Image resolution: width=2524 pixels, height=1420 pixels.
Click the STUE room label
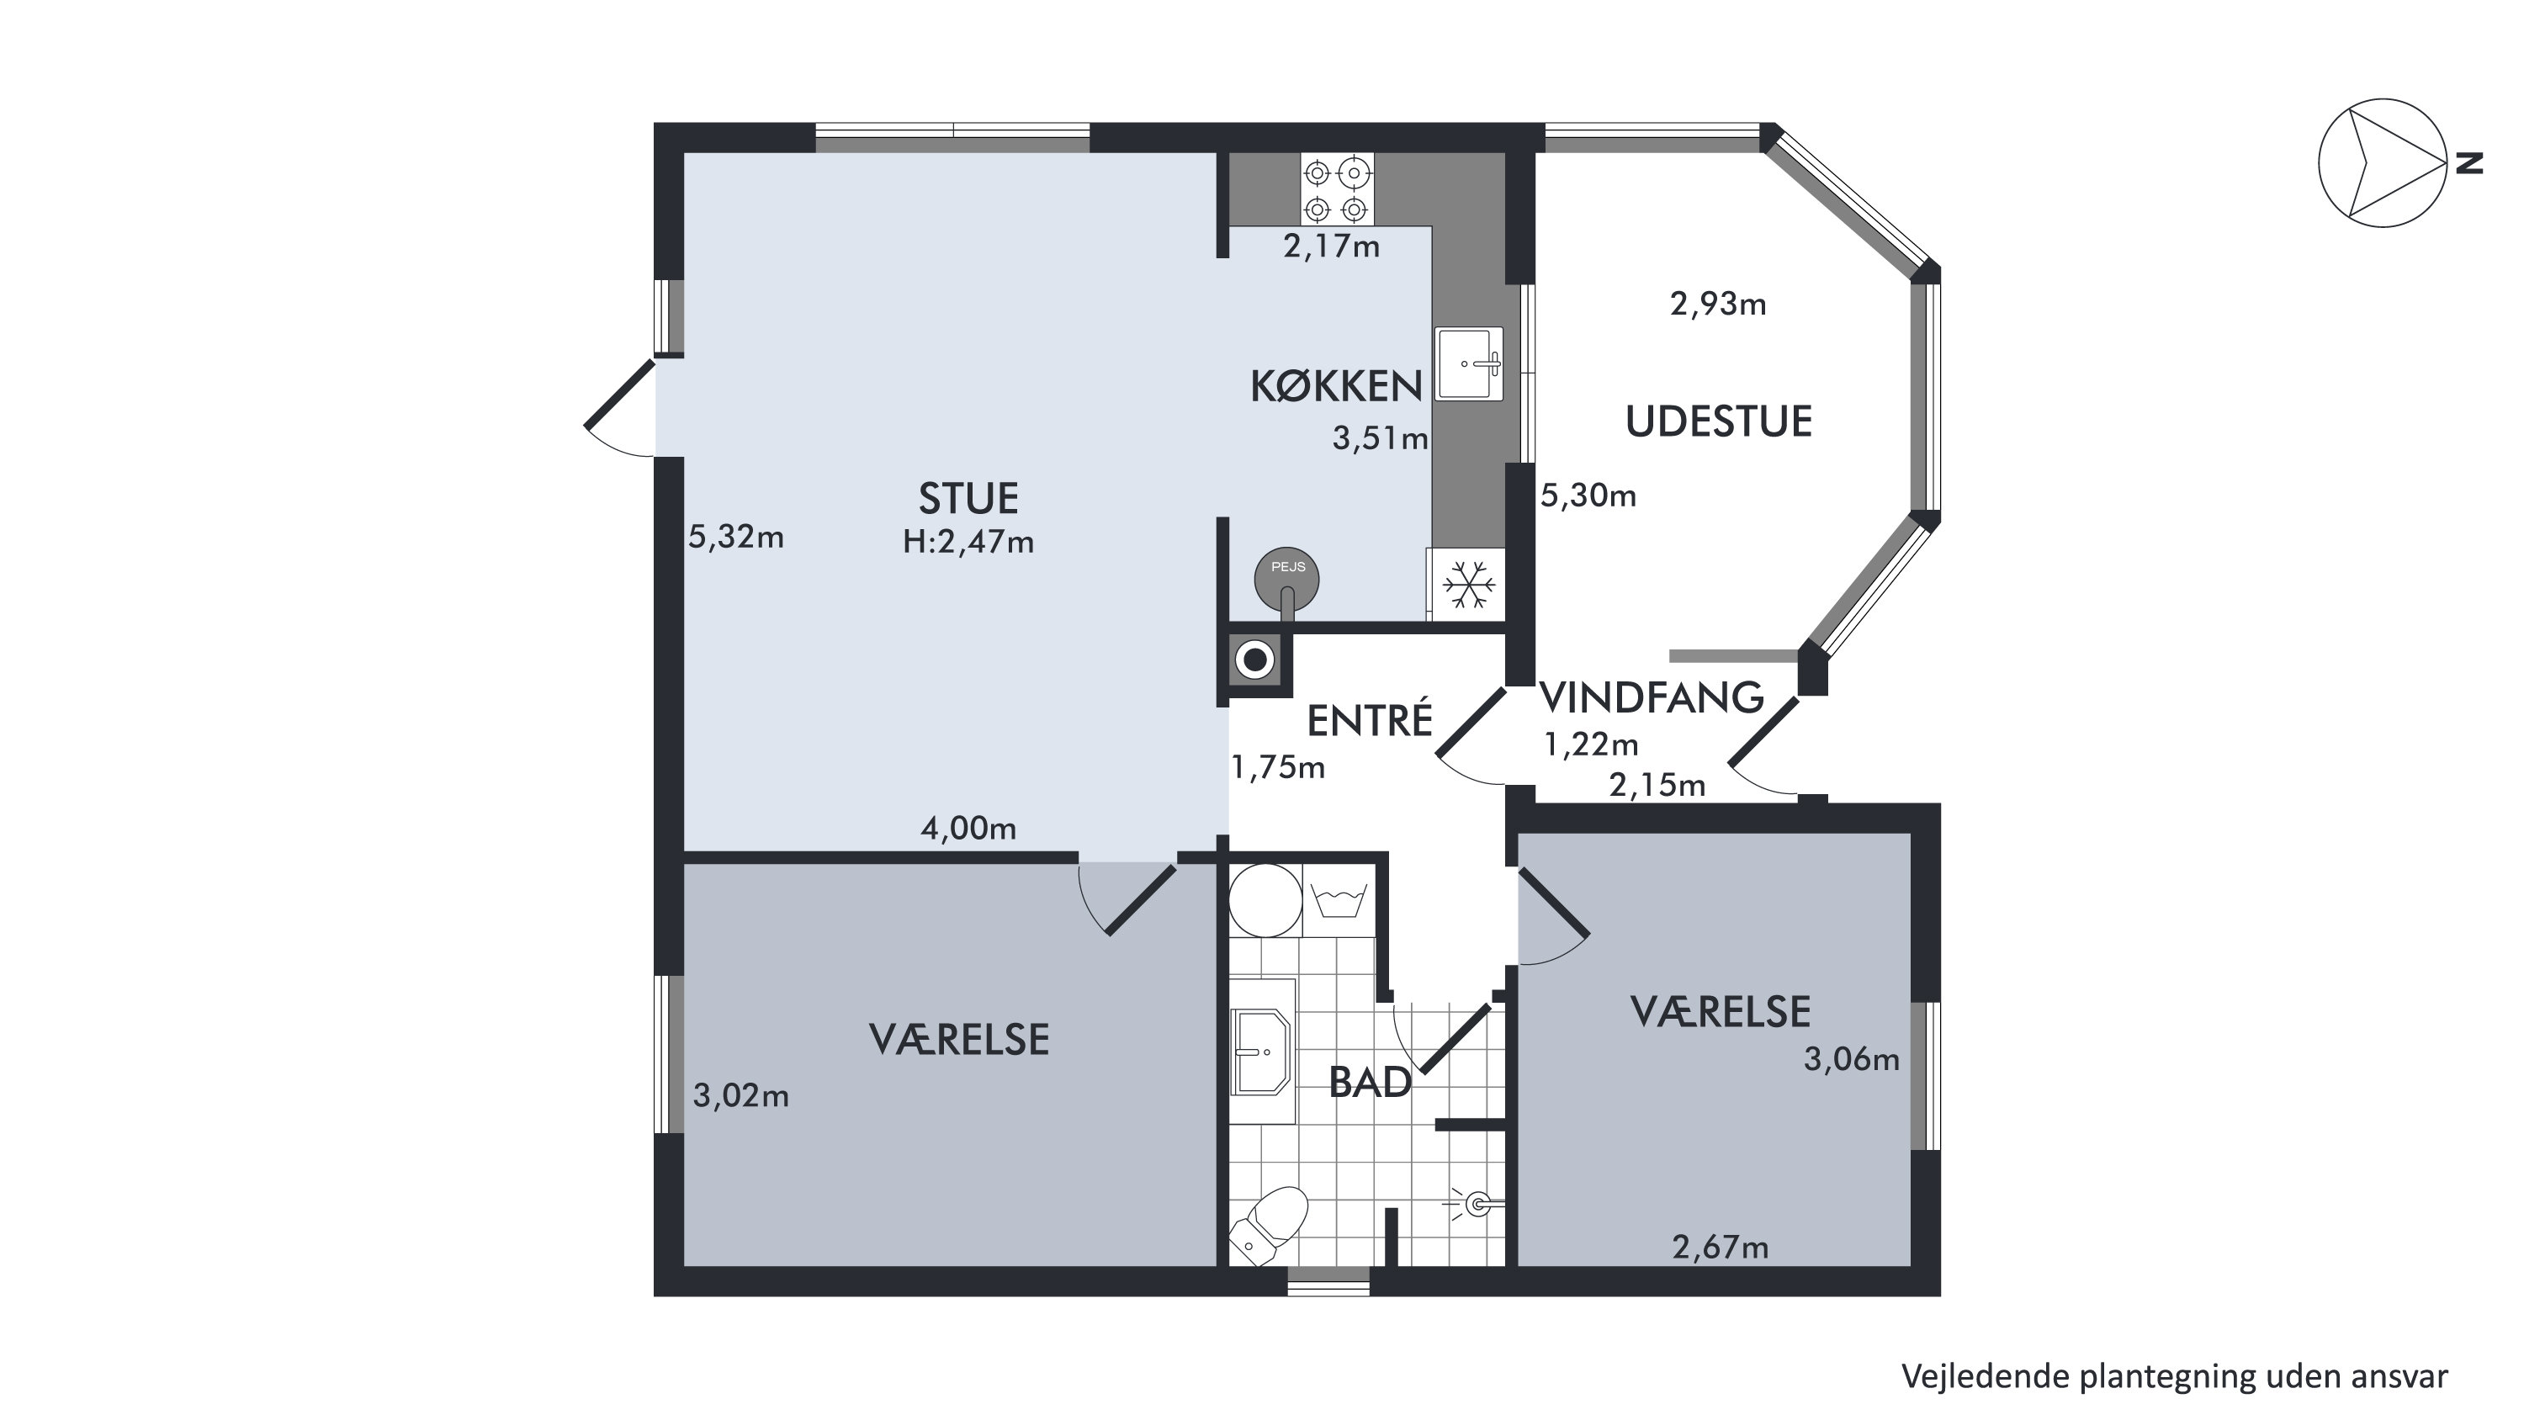(x=968, y=499)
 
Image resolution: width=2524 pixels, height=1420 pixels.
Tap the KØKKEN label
(x=1337, y=387)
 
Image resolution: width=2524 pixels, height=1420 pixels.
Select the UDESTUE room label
(x=1719, y=421)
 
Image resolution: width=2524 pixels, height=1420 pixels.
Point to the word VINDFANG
(x=1652, y=697)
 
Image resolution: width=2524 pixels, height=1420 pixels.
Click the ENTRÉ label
(x=1370, y=720)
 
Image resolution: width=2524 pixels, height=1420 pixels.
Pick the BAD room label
(x=1370, y=1082)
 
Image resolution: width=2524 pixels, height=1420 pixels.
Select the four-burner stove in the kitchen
(x=1337, y=190)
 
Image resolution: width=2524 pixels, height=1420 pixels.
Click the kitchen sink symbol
(x=1469, y=363)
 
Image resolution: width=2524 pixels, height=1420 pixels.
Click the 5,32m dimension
(x=736, y=537)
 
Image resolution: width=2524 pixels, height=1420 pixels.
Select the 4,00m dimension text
(x=968, y=829)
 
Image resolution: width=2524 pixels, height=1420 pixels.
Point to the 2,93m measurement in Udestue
(x=1718, y=305)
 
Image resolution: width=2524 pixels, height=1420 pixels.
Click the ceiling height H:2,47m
(x=968, y=542)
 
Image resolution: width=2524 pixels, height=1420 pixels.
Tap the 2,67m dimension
(x=1721, y=1248)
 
